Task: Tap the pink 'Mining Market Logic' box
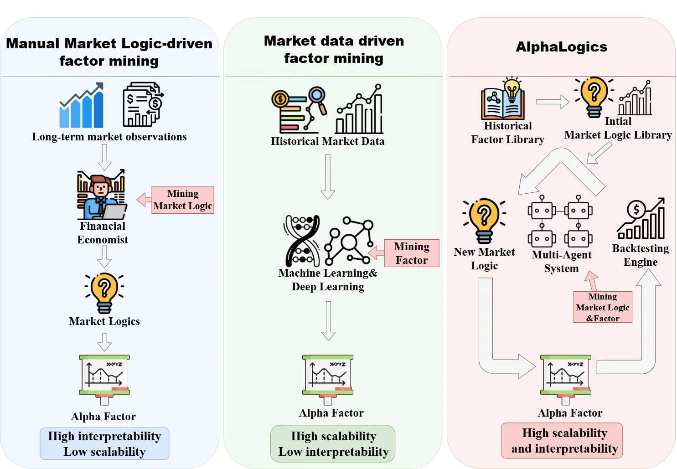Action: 182,200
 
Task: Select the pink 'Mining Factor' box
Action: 411,253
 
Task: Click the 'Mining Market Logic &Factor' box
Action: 603,307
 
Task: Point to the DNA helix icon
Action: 302,241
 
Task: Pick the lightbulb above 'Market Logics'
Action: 104,293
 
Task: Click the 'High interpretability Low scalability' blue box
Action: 104,443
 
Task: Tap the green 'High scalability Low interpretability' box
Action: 333,443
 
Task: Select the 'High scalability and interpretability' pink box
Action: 562,441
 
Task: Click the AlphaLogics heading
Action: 561,47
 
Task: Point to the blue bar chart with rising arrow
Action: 82,105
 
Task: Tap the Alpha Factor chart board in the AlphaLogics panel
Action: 565,380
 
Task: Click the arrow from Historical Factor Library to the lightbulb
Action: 553,102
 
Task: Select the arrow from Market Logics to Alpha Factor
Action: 104,342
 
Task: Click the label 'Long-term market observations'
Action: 109,137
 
